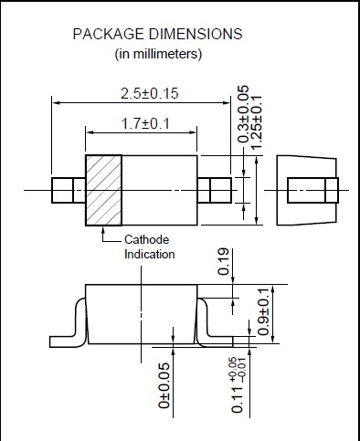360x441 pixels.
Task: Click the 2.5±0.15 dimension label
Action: coord(149,93)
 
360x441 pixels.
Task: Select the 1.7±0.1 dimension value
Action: coord(145,123)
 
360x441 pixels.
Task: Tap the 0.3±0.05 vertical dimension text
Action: coord(243,114)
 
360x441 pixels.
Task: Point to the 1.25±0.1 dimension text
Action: coord(256,122)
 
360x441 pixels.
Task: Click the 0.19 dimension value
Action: coord(224,262)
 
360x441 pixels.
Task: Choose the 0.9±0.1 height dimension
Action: coord(263,311)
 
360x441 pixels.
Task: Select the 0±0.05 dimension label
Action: coord(164,385)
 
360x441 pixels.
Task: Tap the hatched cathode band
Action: coord(103,191)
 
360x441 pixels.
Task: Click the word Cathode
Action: coord(146,239)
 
